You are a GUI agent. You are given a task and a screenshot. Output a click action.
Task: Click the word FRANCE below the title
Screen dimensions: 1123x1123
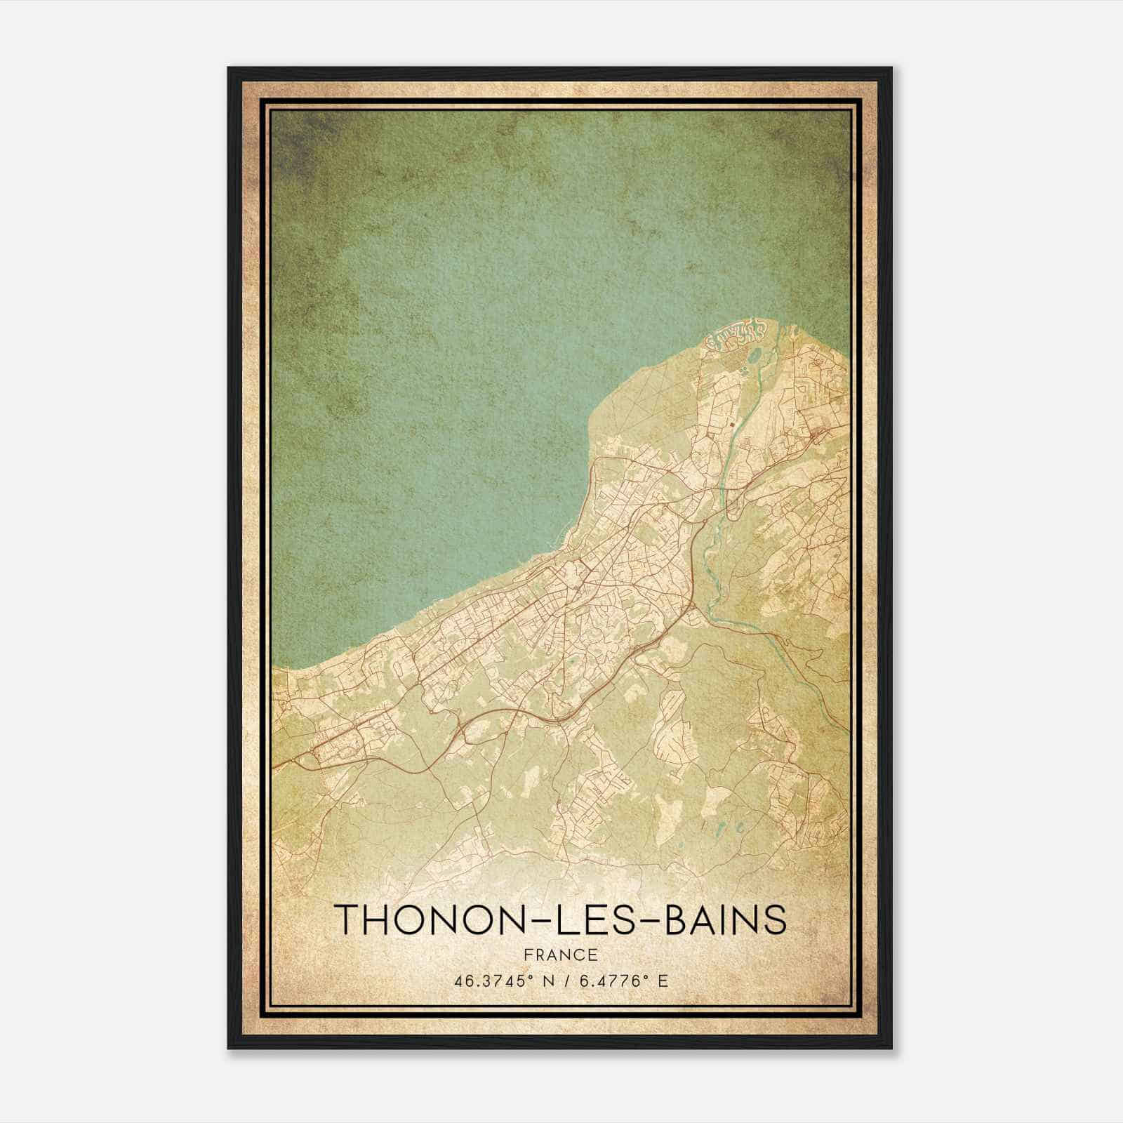[560, 955]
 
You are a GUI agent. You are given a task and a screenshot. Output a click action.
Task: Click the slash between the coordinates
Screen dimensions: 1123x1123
[561, 981]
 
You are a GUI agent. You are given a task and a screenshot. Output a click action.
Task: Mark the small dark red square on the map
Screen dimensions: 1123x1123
[733, 424]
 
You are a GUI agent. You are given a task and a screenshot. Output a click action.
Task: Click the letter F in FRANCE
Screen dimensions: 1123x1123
[528, 955]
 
